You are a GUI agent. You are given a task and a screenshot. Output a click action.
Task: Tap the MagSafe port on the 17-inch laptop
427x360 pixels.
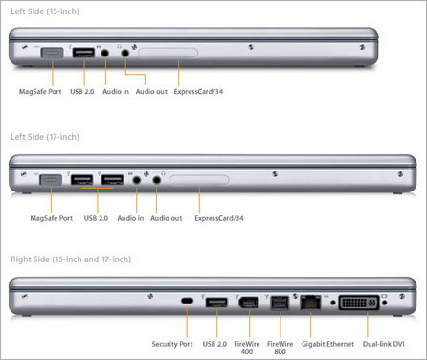tap(51, 178)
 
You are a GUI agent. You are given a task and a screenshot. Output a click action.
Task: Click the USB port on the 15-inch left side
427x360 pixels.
tap(83, 54)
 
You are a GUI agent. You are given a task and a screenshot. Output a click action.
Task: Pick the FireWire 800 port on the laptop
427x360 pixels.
tap(279, 303)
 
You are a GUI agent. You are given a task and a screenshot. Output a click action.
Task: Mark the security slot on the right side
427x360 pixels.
tap(188, 303)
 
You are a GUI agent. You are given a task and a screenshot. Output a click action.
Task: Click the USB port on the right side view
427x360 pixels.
tap(216, 303)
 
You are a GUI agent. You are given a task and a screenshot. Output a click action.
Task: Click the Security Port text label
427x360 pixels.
tap(172, 343)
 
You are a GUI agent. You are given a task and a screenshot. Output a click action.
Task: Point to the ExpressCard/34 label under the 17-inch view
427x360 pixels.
tap(220, 218)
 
